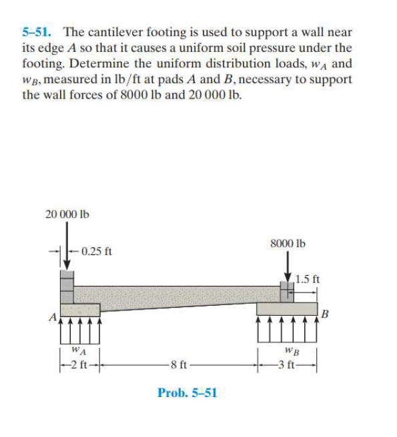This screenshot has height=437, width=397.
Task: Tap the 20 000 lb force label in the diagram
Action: [67, 215]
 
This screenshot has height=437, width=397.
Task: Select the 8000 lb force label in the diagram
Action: [288, 244]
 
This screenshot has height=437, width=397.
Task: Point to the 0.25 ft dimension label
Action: [96, 252]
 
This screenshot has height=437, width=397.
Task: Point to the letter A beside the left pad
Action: [50, 317]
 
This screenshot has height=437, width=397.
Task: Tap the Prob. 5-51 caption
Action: [187, 392]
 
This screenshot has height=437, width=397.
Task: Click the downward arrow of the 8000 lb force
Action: [288, 266]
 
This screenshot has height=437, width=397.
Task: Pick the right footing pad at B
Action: [287, 308]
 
